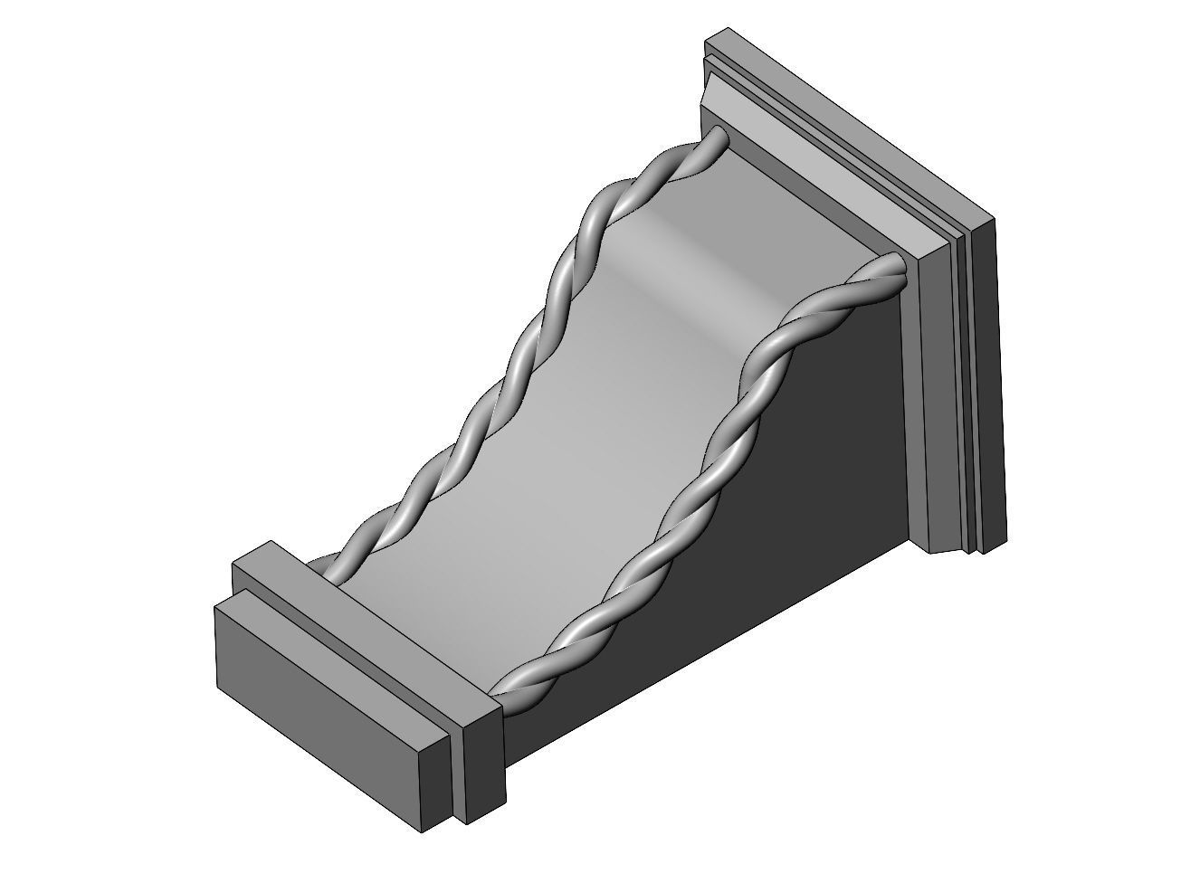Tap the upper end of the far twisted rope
pyautogui.click(x=717, y=136)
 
